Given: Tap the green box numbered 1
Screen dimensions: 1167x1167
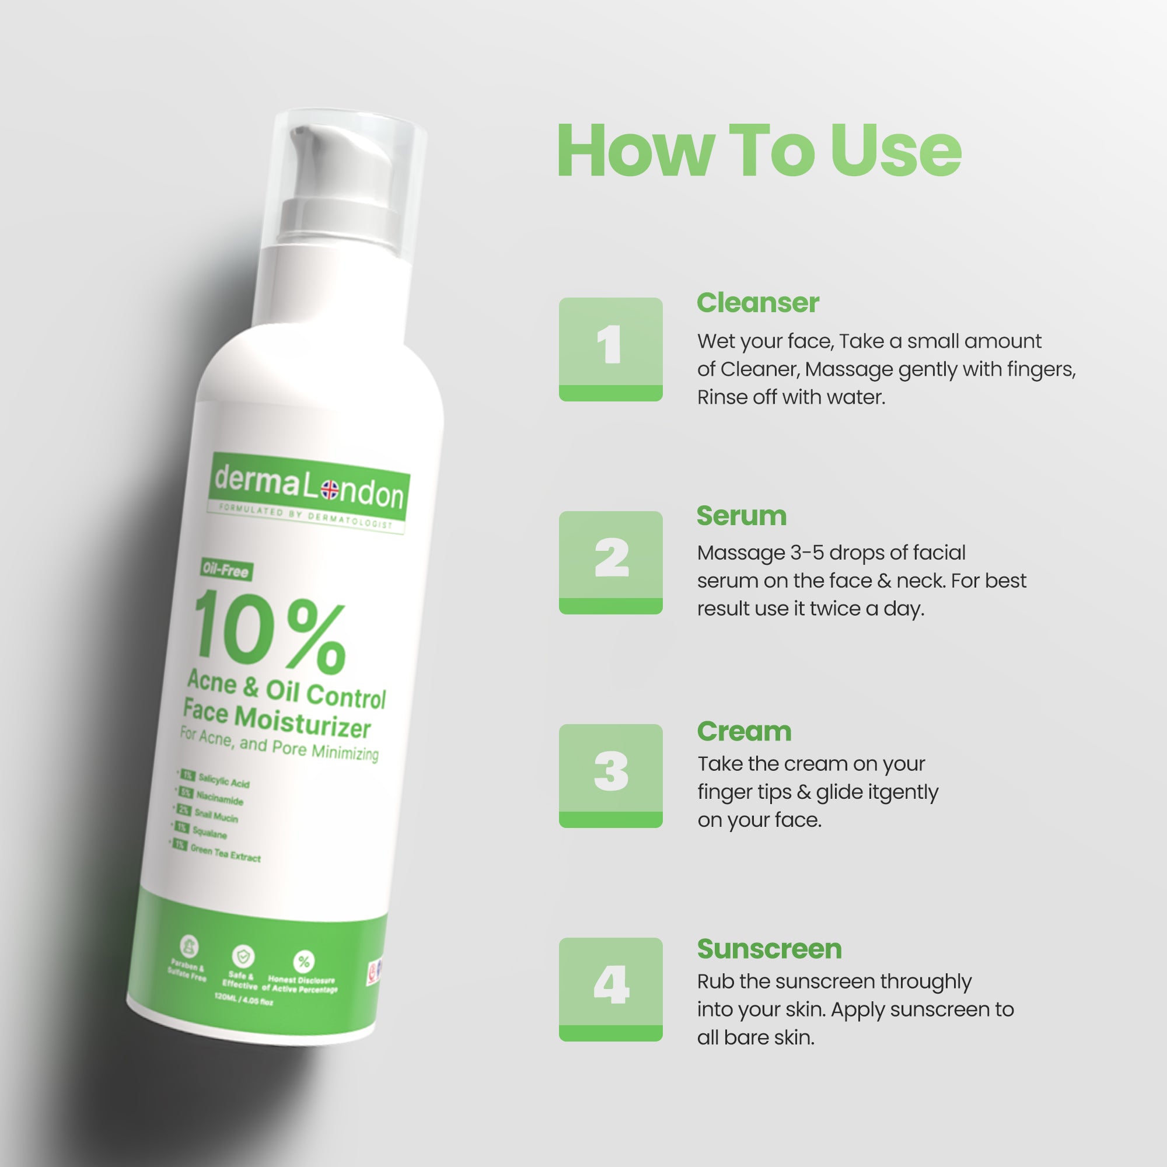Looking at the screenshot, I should click(x=610, y=349).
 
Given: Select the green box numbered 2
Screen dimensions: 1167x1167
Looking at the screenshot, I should click(x=610, y=562).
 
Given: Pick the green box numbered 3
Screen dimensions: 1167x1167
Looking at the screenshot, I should click(x=610, y=775).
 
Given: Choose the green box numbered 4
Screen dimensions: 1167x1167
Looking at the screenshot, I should click(x=610, y=989).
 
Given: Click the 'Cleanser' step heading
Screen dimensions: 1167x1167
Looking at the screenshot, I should click(x=757, y=303).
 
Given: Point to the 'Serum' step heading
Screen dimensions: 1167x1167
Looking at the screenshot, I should click(x=741, y=516).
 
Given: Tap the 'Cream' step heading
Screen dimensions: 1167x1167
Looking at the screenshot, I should click(x=743, y=732).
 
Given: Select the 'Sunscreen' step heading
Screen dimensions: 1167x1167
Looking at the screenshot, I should click(x=769, y=949).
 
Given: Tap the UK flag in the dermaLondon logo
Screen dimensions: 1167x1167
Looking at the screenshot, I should click(x=330, y=490).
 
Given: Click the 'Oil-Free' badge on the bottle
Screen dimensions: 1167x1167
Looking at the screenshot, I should click(x=226, y=570).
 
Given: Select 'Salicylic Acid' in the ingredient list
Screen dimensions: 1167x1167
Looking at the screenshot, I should click(x=223, y=782).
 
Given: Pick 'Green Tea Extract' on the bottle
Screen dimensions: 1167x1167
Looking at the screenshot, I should click(x=225, y=854).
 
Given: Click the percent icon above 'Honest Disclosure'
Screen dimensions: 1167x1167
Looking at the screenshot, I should click(x=303, y=961).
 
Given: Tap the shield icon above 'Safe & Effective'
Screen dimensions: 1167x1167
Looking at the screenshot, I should click(x=243, y=956).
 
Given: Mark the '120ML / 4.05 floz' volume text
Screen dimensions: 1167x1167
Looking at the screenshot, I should click(x=243, y=1000).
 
